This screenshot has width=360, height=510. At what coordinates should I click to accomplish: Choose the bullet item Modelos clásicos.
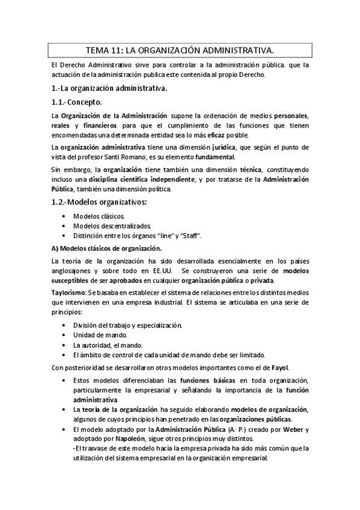click(x=99, y=216)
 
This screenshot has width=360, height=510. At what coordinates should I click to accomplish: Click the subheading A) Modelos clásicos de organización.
click(x=106, y=248)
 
